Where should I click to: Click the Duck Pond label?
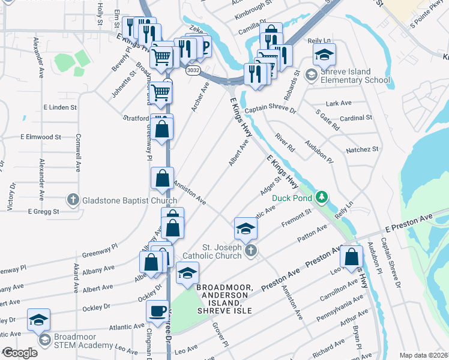coord(293,198)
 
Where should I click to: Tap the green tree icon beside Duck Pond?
coord(322,197)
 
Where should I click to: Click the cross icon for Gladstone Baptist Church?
coord(73,200)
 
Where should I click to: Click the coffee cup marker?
coord(158,311)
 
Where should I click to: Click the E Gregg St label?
coord(43,211)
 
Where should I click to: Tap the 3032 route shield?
coord(193,70)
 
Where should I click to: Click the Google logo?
coord(20,353)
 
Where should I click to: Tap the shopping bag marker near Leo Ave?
coord(351,256)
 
